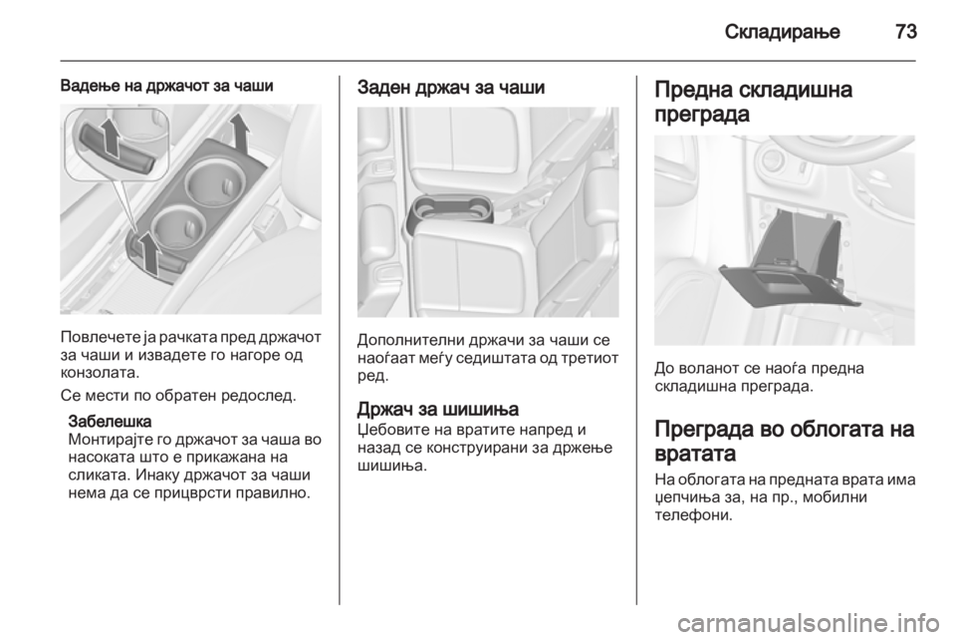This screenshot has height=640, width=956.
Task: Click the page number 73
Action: coord(906,31)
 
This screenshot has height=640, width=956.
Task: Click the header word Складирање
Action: coord(783,32)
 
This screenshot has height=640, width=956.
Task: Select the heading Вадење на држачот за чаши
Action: coord(167,86)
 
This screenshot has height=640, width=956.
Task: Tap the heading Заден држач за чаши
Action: coord(450,88)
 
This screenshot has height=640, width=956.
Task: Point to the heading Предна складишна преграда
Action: coord(754,102)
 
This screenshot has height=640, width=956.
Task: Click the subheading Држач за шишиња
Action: coord(438,408)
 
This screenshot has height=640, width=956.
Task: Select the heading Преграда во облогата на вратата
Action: coord(785,441)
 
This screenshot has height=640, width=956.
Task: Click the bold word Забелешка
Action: coord(111,422)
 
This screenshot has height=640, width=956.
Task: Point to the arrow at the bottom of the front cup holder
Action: coord(148,251)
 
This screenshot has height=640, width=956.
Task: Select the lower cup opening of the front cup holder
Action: coord(177,227)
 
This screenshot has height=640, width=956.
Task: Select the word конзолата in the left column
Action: coord(101,371)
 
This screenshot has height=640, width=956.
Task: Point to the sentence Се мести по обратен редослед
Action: coord(178,396)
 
